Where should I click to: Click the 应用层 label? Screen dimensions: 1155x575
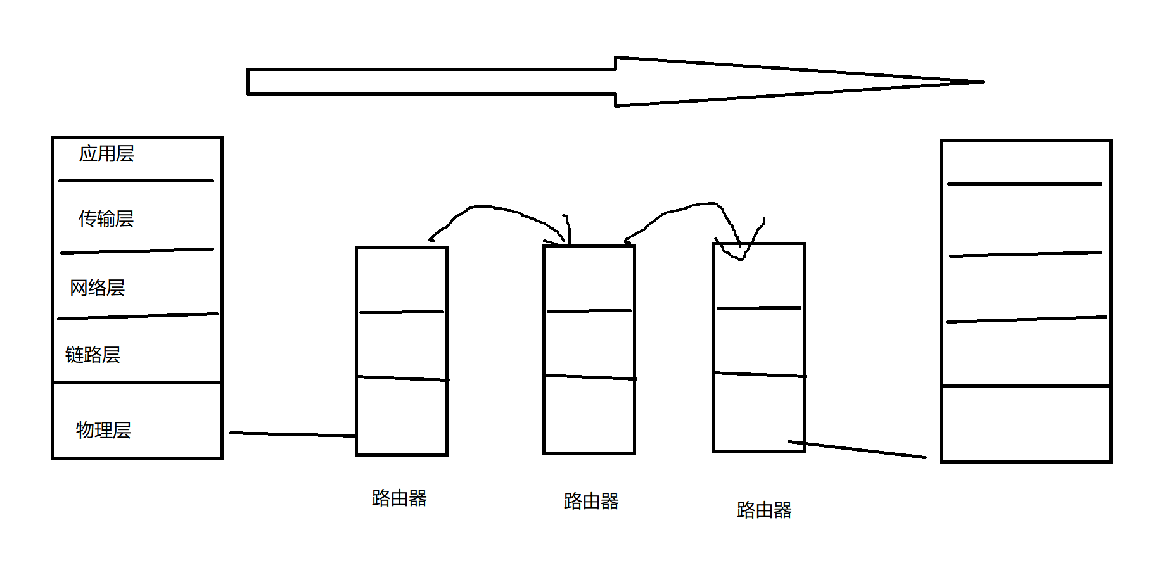(x=106, y=154)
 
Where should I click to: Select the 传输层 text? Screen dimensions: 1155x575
(x=106, y=219)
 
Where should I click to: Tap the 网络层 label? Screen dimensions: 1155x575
(x=97, y=288)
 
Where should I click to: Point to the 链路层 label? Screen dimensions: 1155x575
(x=93, y=355)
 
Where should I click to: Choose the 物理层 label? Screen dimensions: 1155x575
(x=103, y=430)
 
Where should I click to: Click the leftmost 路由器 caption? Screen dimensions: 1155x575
(x=399, y=498)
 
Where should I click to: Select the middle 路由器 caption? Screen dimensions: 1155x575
(x=591, y=502)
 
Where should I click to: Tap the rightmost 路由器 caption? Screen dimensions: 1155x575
(x=764, y=510)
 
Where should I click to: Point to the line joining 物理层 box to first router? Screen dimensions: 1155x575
(x=291, y=434)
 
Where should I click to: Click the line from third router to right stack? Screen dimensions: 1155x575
(x=858, y=449)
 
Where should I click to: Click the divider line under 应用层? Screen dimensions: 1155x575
(x=136, y=180)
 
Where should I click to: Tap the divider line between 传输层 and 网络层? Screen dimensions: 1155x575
(x=136, y=251)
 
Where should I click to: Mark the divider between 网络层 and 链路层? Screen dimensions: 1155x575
(x=137, y=316)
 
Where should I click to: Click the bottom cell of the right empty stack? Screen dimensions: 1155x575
(x=1026, y=423)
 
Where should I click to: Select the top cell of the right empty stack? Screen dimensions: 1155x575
(x=1026, y=162)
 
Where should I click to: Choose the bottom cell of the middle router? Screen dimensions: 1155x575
(x=589, y=415)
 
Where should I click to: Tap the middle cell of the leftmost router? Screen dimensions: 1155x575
(x=402, y=344)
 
